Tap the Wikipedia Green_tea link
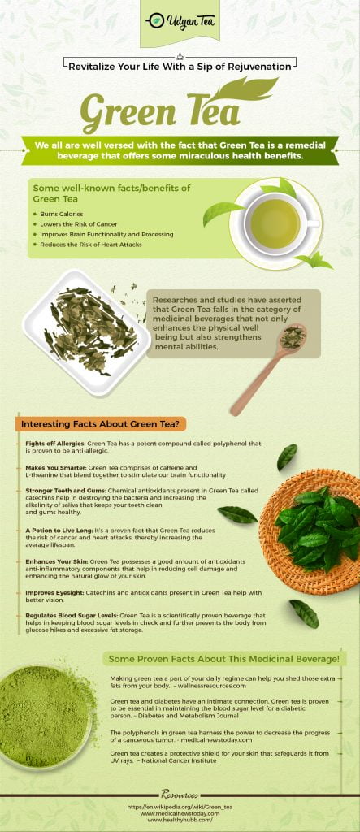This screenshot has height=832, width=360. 180,807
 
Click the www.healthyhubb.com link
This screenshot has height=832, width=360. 180,821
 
